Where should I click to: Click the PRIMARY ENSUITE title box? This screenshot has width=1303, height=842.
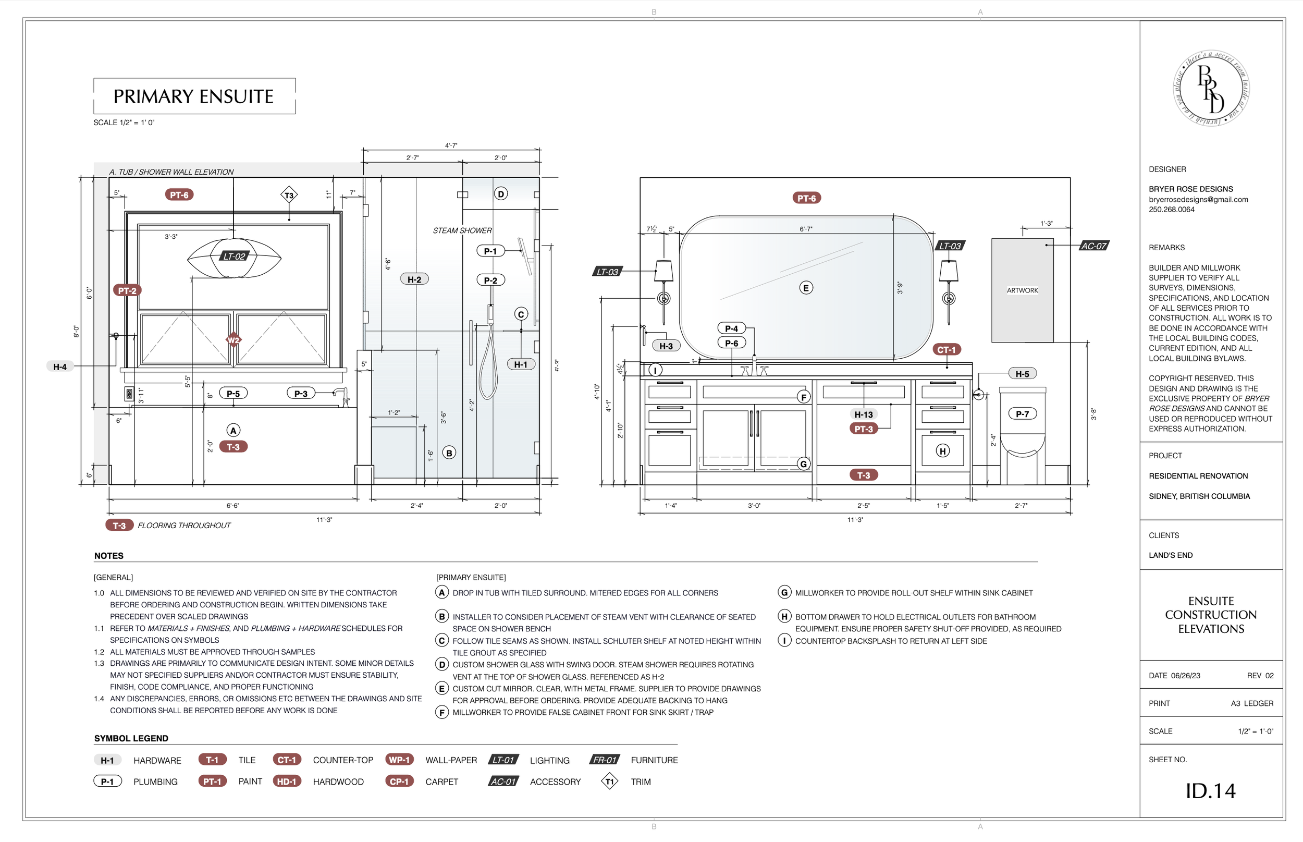click(x=194, y=96)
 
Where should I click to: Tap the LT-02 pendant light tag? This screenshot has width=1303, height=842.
click(x=234, y=257)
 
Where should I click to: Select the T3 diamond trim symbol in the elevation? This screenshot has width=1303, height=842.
click(x=289, y=195)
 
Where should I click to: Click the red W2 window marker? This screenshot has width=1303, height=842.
click(x=233, y=340)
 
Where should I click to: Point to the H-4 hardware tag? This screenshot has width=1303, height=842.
click(x=60, y=367)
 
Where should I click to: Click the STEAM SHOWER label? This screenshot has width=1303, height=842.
click(x=462, y=231)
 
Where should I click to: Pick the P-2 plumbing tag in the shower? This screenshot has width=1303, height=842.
click(x=490, y=280)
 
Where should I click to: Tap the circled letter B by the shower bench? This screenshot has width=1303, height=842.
click(x=449, y=453)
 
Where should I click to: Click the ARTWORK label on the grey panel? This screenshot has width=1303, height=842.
click(x=1022, y=290)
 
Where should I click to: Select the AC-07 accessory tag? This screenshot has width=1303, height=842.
click(x=1094, y=246)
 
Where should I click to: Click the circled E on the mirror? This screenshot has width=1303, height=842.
click(x=806, y=288)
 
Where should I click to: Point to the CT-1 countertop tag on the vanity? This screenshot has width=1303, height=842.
click(x=946, y=350)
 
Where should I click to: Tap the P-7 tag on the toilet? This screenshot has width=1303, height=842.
click(x=1022, y=414)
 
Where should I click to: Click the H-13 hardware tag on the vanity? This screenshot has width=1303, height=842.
click(x=864, y=414)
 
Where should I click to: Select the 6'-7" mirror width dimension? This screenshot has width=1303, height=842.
click(x=806, y=229)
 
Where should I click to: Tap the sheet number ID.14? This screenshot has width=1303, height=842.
click(x=1210, y=790)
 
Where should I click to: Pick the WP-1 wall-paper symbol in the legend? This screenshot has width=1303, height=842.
click(x=399, y=760)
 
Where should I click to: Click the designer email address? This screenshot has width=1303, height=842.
click(x=1198, y=200)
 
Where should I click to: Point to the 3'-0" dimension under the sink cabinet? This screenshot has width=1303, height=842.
click(x=754, y=506)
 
